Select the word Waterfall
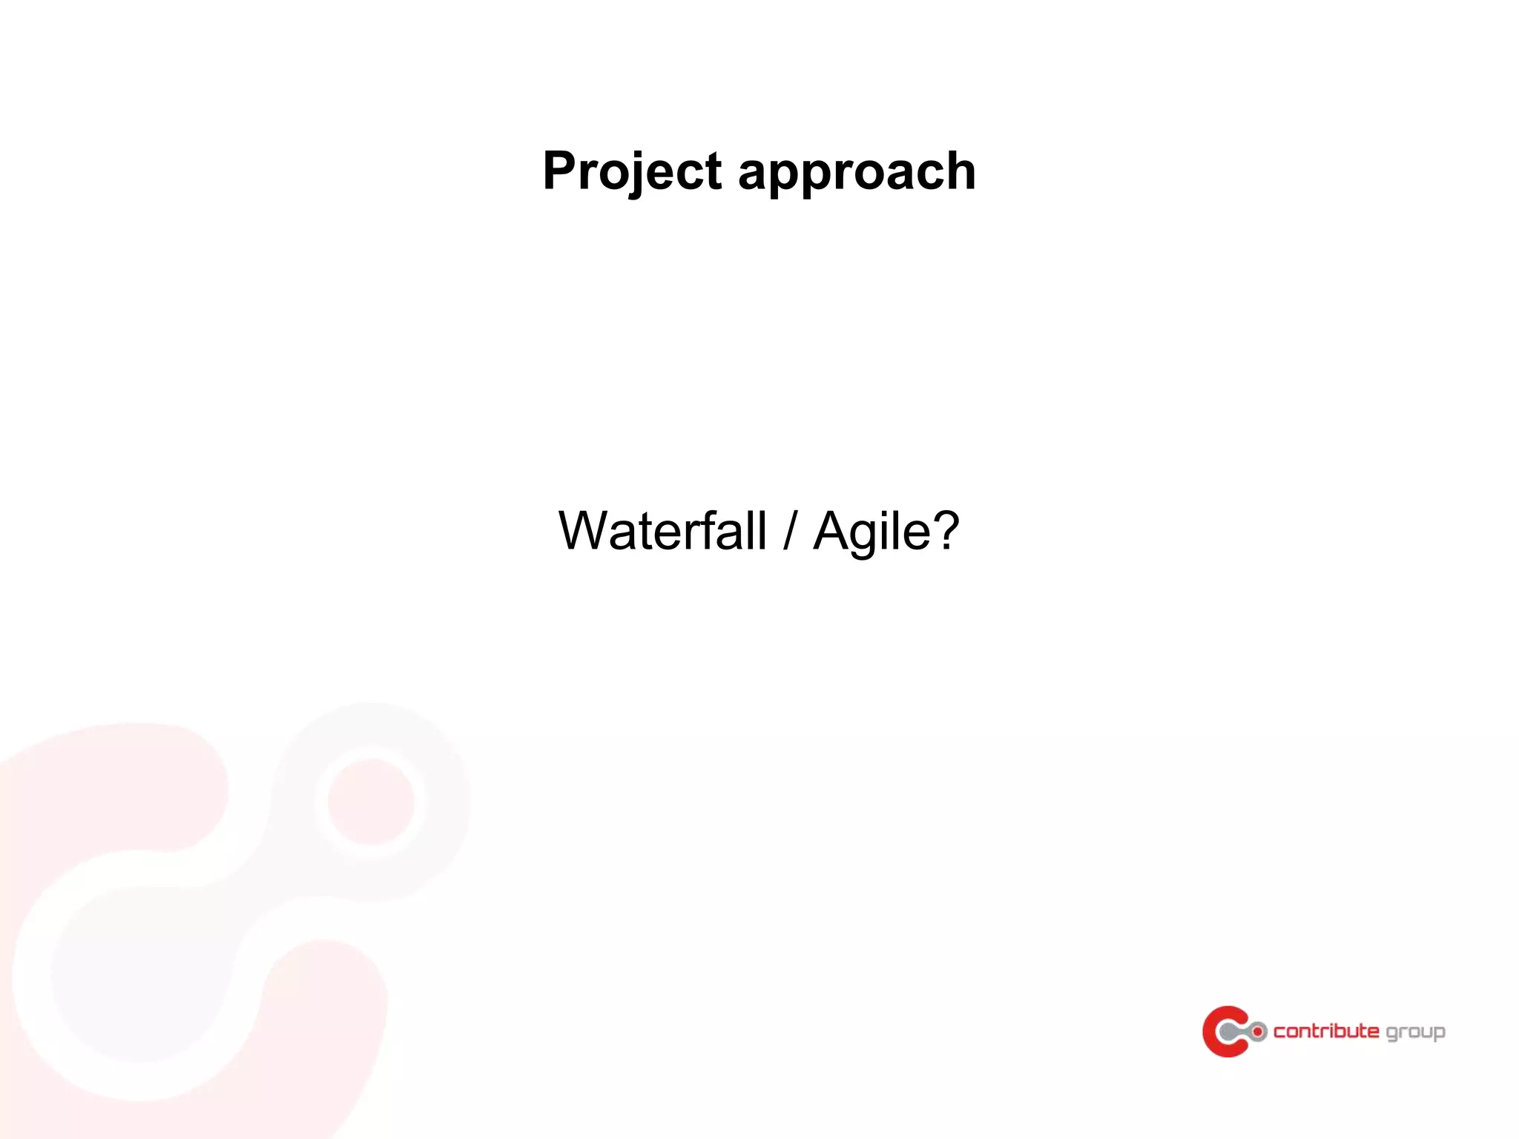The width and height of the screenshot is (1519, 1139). click(662, 531)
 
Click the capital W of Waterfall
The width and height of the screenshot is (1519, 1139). click(590, 531)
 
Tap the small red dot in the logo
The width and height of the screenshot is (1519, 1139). click(1257, 1031)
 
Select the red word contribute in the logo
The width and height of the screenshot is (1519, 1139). click(1326, 1031)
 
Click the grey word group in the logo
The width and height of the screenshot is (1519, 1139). click(1415, 1033)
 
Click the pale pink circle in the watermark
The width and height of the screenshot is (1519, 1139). click(371, 802)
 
